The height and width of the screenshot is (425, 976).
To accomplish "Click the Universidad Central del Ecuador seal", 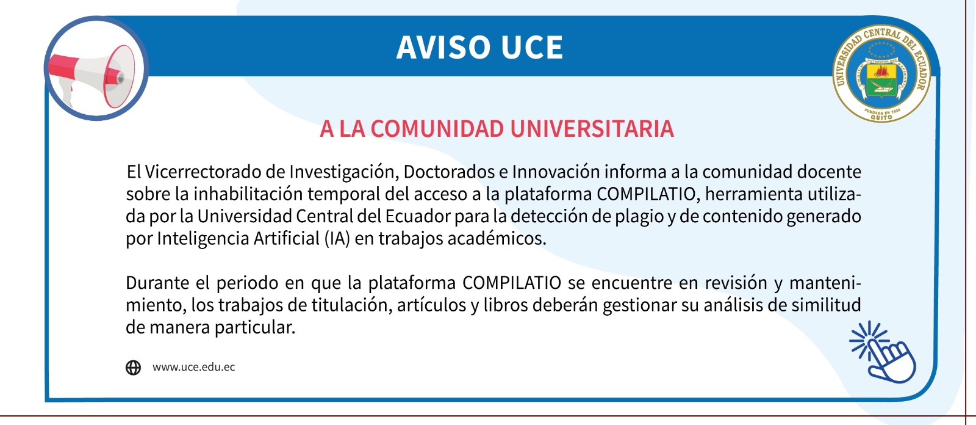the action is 881,73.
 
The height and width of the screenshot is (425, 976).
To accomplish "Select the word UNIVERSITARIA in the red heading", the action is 592,129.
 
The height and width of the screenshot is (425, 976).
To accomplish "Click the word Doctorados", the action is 449,172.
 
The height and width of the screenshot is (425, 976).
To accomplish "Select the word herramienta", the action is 754,194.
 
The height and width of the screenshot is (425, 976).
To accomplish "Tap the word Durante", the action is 158,283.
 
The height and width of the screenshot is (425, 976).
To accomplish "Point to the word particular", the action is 255,328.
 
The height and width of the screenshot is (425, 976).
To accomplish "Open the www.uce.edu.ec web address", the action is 193,367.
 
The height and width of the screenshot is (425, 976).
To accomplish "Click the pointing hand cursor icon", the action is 884,352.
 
